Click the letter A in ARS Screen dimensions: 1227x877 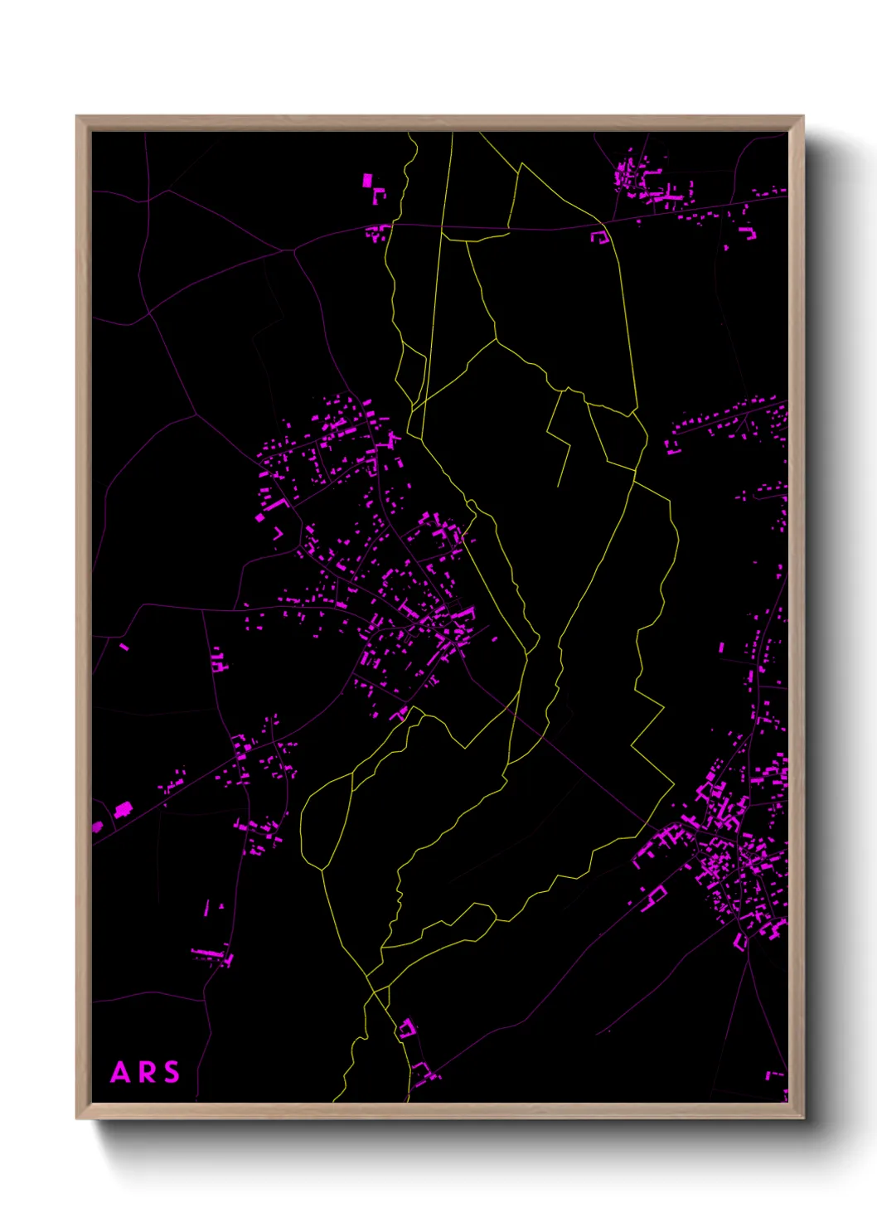point(121,1073)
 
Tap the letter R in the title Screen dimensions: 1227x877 point(147,1073)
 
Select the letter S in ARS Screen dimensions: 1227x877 point(172,1073)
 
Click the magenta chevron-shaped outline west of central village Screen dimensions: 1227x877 point(279,533)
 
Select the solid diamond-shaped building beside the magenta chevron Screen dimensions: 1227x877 point(260,517)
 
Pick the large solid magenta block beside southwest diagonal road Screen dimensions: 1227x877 point(124,808)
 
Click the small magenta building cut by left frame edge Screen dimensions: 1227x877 point(97,827)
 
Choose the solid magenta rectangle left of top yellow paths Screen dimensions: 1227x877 point(367,180)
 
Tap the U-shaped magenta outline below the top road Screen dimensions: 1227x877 point(599,237)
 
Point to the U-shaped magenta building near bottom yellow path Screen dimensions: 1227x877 point(406,1030)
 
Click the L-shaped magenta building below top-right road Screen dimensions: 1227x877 point(749,233)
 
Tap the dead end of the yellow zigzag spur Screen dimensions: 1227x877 point(559,486)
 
